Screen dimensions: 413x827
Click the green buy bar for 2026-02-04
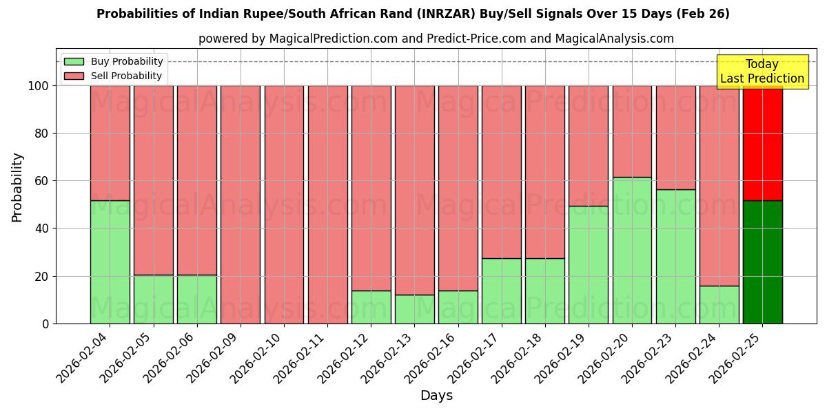click(x=110, y=262)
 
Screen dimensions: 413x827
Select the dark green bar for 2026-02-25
click(x=762, y=262)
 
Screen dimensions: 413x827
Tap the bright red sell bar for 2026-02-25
click(x=762, y=143)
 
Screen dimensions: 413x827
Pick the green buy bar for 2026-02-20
click(x=632, y=250)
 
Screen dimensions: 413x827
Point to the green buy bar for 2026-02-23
click(x=675, y=256)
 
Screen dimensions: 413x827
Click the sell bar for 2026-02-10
click(x=284, y=204)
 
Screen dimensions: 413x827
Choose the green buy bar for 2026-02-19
click(x=589, y=264)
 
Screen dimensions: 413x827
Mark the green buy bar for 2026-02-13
click(x=414, y=309)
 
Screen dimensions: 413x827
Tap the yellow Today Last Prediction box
click(x=762, y=72)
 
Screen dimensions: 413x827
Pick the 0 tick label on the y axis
click(x=45, y=324)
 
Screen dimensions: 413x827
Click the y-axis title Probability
click(x=17, y=187)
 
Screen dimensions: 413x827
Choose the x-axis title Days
click(x=436, y=396)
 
